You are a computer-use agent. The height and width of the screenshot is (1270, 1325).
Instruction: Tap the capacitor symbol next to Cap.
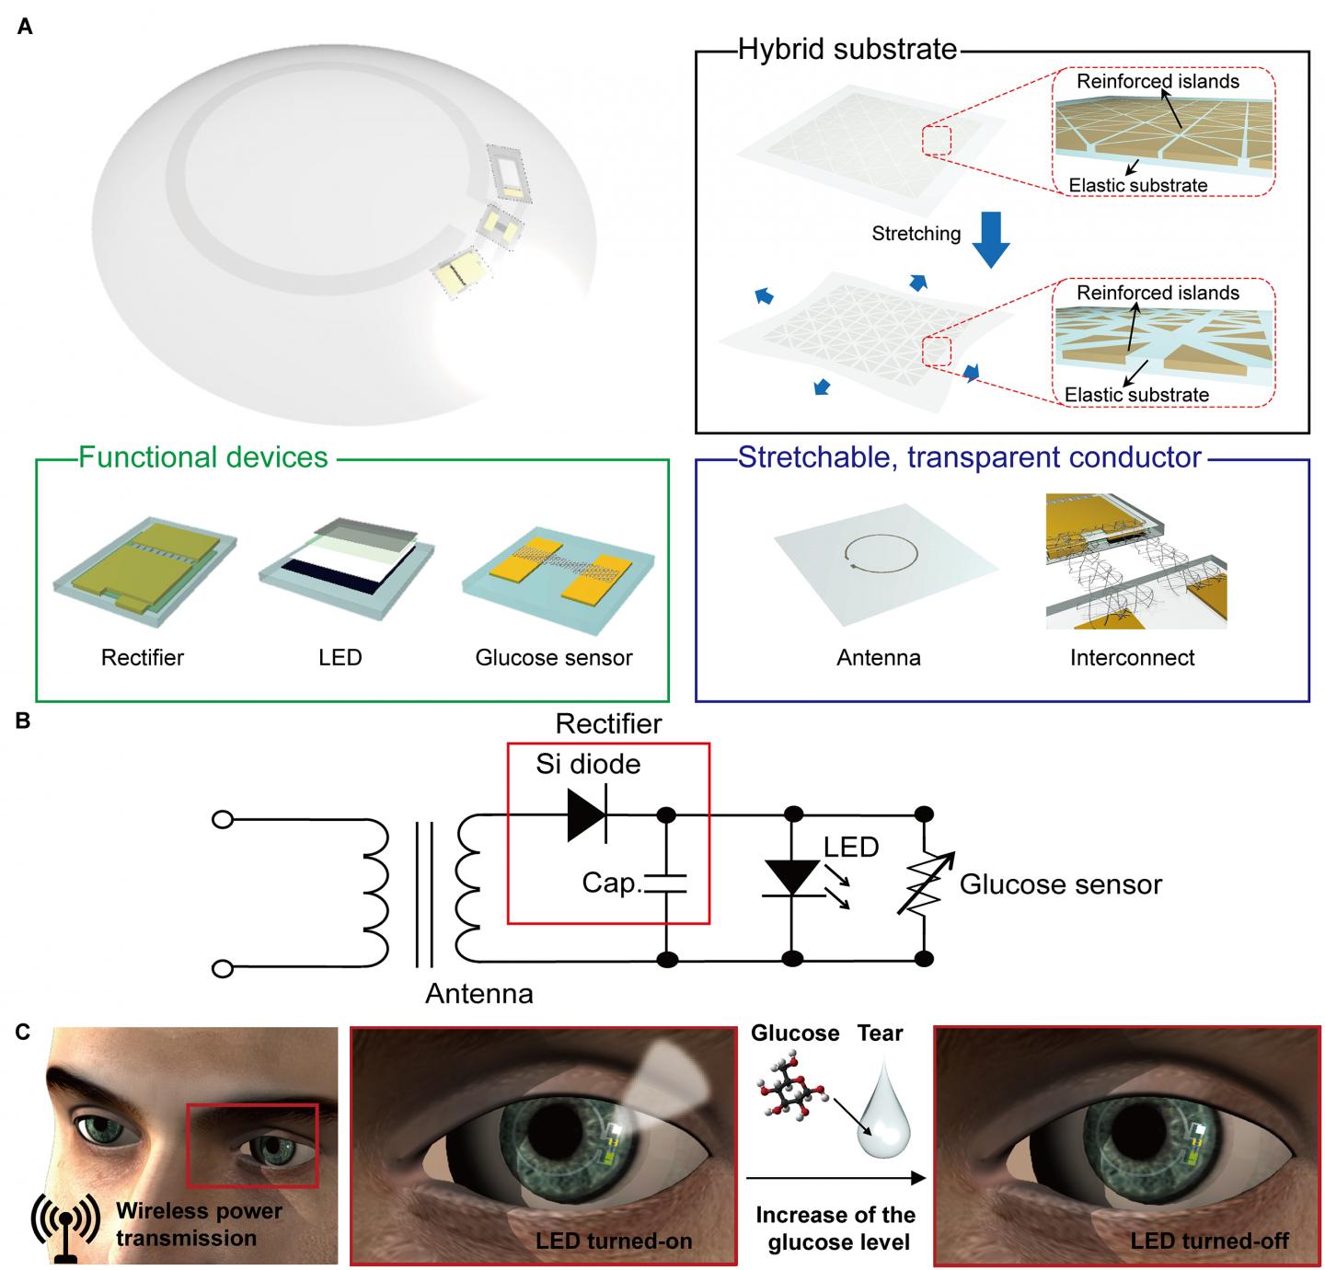666,884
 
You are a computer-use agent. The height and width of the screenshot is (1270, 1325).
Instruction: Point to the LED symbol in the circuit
790,874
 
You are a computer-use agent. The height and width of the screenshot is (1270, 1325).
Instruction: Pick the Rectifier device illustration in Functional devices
145,574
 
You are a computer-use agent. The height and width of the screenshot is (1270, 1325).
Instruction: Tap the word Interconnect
1132,657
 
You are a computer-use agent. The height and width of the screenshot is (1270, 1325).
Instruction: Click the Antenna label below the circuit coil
478,994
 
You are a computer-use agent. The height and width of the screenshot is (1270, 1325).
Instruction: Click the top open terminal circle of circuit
223,818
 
